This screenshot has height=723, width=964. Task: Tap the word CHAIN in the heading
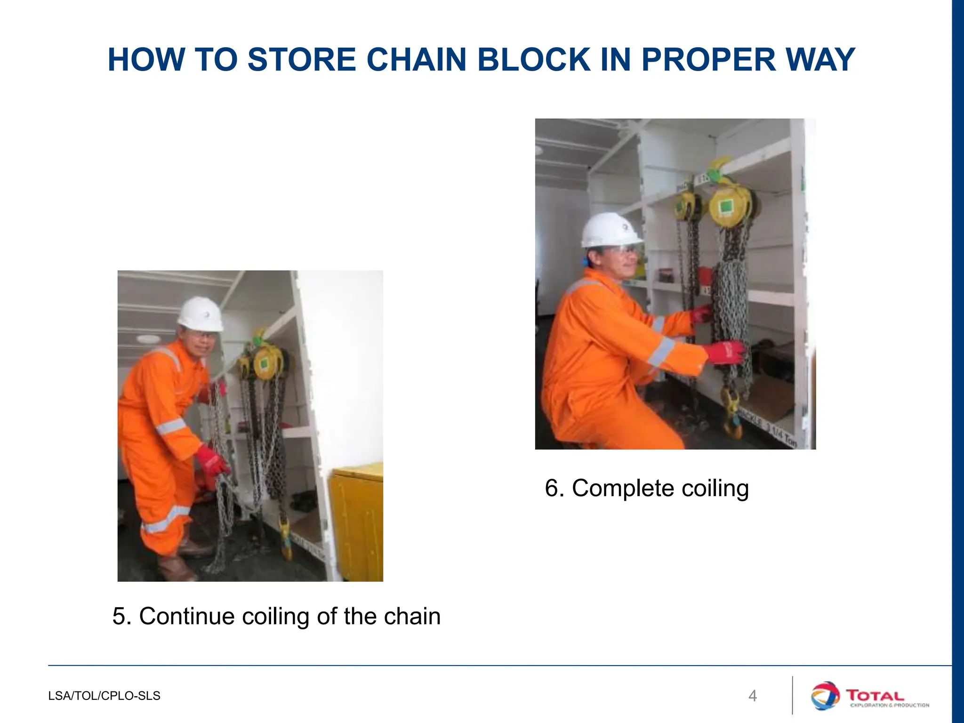tap(416, 60)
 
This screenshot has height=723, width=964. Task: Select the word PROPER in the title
tap(708, 60)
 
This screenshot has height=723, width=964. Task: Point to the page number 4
tap(753, 696)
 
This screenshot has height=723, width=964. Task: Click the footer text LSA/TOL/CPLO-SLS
tap(104, 696)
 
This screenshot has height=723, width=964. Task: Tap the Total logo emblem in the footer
tap(825, 695)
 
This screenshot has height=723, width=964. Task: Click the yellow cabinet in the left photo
tap(356, 522)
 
